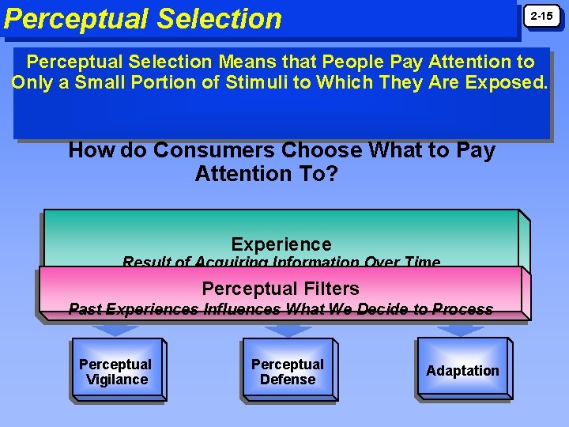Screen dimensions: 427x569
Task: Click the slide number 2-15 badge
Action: pos(541,17)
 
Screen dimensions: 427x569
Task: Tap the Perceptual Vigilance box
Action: pos(116,372)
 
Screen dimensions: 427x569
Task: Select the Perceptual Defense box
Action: pos(288,372)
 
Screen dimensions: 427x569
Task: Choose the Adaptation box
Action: pos(462,371)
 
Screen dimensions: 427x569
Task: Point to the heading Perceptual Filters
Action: pos(281,289)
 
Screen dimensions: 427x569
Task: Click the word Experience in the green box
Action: pos(281,244)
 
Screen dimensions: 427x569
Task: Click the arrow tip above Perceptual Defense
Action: pos(288,331)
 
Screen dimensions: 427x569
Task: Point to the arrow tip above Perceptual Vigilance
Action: pos(116,331)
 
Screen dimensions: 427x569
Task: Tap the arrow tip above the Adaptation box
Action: pos(462,331)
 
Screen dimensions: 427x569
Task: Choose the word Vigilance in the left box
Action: pos(117,380)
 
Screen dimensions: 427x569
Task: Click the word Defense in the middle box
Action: pos(288,380)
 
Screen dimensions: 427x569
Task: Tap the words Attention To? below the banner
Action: pos(266,173)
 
